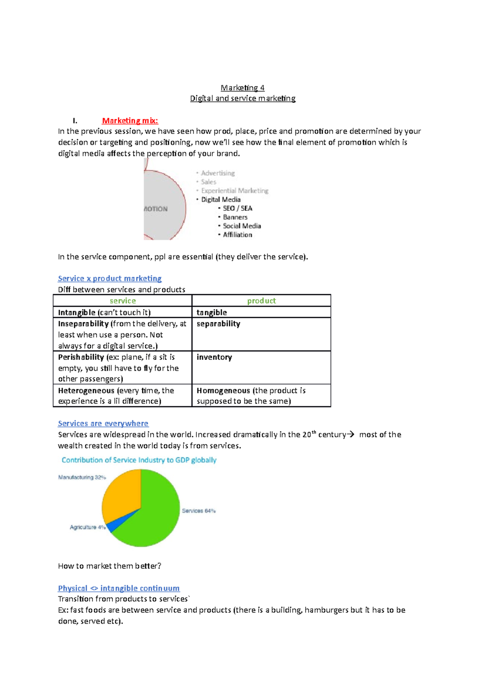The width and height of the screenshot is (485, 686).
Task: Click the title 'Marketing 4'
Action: click(x=242, y=88)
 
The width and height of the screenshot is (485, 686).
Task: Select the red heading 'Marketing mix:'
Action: click(x=130, y=120)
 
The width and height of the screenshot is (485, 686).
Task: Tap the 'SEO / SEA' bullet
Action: click(x=237, y=208)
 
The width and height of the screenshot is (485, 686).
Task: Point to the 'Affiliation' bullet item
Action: click(x=237, y=235)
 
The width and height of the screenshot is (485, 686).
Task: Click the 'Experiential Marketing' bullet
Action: click(x=234, y=191)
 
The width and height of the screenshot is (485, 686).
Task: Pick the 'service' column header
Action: click(x=122, y=301)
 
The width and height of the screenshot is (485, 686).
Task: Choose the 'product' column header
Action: click(x=261, y=301)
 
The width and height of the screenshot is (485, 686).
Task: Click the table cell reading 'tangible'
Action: click(x=212, y=312)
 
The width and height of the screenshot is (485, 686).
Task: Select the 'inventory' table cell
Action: click(x=214, y=357)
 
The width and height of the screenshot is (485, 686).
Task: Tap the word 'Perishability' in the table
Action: click(x=81, y=357)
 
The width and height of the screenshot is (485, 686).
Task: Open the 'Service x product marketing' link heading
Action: click(x=110, y=278)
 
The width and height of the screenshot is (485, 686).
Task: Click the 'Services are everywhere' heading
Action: click(x=103, y=423)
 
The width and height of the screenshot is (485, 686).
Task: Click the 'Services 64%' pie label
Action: click(x=198, y=511)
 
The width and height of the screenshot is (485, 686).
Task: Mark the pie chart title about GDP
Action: click(x=139, y=460)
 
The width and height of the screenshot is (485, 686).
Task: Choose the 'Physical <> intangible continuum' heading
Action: click(x=119, y=588)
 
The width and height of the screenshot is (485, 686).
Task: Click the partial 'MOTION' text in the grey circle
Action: click(x=156, y=209)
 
